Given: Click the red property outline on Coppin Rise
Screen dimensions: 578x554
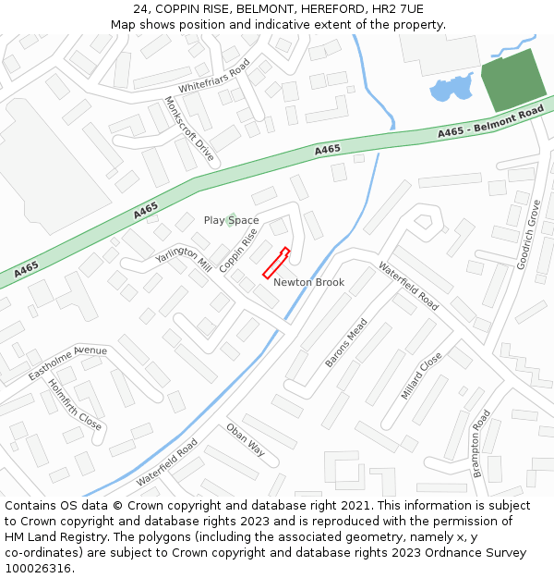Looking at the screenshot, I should [276, 263].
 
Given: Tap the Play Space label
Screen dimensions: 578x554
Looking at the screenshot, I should [232, 220].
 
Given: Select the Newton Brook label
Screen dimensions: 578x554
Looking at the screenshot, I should [308, 282].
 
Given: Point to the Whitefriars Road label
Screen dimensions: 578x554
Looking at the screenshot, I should [214, 77].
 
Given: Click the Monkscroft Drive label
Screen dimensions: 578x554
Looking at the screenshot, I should [188, 129].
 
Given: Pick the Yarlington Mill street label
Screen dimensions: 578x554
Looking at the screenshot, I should [183, 258].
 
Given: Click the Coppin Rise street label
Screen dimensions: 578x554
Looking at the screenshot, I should [238, 250].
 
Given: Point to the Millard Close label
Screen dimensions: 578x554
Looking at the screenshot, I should [421, 375].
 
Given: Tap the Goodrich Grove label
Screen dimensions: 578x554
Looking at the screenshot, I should [528, 234].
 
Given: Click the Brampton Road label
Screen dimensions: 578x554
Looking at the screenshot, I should [481, 443].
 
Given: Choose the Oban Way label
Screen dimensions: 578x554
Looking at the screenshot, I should [246, 439].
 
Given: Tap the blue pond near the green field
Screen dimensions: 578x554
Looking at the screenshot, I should [450, 89].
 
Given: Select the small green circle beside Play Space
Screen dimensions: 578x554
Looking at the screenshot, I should [231, 220].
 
